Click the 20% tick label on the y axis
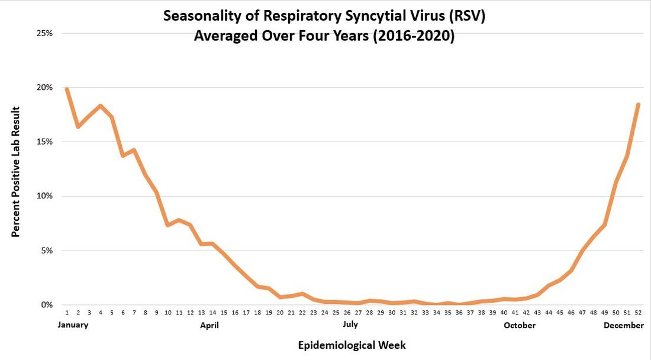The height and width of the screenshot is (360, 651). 44,88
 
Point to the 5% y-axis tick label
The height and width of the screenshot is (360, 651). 47,250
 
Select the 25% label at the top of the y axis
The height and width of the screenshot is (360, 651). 44,33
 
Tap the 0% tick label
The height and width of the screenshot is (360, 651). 47,305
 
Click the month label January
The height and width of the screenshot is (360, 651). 73,325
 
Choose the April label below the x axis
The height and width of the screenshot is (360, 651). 210,325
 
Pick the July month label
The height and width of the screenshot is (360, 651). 350,325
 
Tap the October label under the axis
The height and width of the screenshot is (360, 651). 520,325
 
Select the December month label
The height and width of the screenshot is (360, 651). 624,325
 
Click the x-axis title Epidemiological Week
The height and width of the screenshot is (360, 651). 352,345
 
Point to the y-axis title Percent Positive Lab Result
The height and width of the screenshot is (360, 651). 16,172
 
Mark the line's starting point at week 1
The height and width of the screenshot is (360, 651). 67,89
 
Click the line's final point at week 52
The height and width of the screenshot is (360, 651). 638,105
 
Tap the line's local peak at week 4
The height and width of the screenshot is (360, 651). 101,106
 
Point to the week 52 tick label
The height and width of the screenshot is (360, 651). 638,313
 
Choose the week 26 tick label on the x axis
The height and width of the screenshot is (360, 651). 347,313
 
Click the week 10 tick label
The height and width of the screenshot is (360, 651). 167,313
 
